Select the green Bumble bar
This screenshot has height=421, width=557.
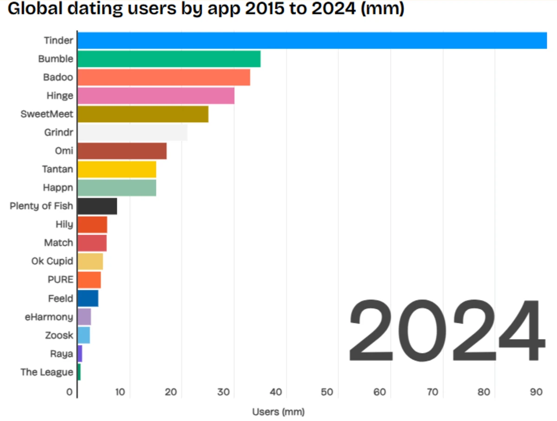tap(169, 59)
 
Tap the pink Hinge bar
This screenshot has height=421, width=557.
tap(156, 96)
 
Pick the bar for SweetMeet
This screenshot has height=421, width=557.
tap(143, 114)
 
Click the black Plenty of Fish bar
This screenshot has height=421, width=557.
tap(97, 206)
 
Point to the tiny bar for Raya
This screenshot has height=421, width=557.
tap(80, 354)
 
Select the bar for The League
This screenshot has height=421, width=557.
tap(79, 372)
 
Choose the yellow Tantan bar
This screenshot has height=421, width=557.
tap(117, 169)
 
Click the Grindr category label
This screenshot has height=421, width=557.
tap(60, 133)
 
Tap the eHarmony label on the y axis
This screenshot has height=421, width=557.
tap(49, 317)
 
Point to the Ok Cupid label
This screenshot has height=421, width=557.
tap(52, 261)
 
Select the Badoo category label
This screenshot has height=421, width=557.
tap(58, 77)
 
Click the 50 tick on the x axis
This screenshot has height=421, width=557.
tap(327, 392)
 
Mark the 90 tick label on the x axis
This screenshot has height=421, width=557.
tap(536, 392)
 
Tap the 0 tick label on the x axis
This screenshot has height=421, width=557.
tap(69, 392)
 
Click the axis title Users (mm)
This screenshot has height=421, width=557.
tap(278, 411)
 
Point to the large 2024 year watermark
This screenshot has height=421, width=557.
tap(446, 332)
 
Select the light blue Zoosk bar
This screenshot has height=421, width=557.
tap(84, 335)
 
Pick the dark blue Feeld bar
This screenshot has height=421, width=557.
tap(88, 298)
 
